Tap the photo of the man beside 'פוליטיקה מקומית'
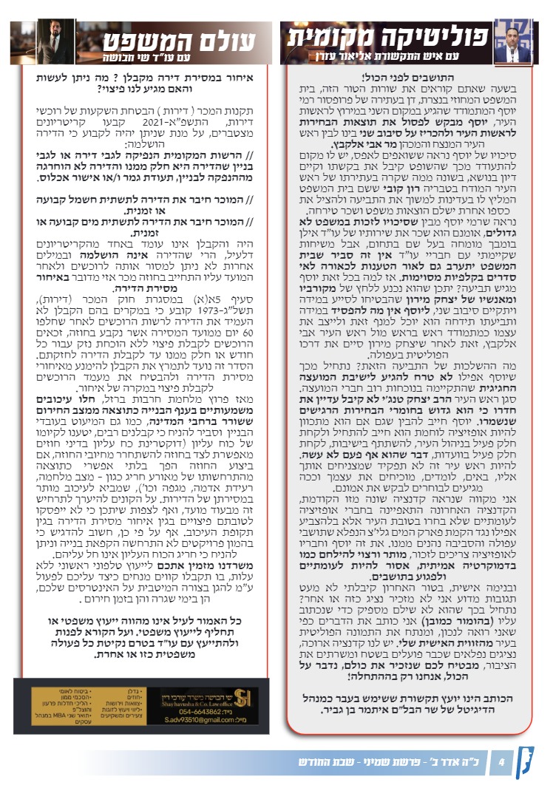[x=515, y=41]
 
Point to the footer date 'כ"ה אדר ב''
[x=451, y=761]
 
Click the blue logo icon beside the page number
[x=530, y=761]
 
